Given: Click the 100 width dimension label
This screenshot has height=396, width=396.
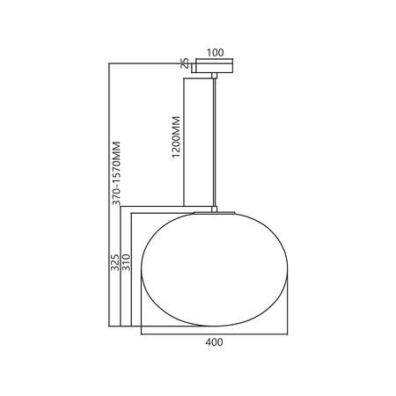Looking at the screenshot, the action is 215,53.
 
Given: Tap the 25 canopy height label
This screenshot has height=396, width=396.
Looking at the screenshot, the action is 185,63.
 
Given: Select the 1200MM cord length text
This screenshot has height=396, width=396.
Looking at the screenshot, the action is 176,137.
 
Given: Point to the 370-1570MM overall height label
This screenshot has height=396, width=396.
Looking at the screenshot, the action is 116,173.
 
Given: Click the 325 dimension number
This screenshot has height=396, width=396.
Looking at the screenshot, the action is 115,262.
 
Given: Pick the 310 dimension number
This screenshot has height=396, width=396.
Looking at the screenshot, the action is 126,262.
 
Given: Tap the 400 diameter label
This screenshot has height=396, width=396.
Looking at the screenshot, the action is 214,342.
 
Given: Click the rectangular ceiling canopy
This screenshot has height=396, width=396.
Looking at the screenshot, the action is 215,66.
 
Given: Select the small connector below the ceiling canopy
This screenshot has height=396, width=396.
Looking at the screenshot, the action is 215,76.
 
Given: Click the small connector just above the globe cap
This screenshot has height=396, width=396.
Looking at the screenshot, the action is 215,209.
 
